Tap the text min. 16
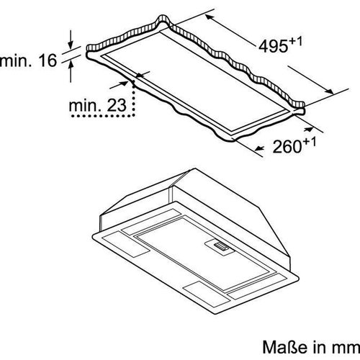coord(27,60)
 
